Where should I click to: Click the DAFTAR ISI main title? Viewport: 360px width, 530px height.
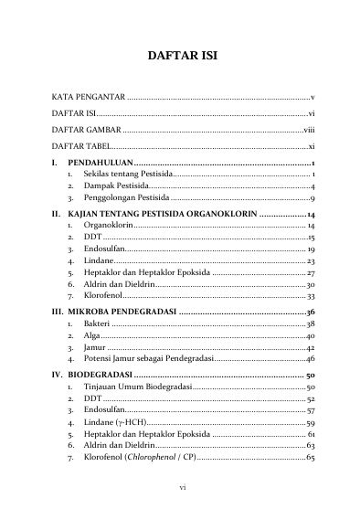[x=182, y=57]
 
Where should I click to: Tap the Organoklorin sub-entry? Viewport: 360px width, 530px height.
[x=110, y=224]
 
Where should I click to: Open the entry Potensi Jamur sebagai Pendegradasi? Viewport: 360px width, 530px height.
[x=149, y=361]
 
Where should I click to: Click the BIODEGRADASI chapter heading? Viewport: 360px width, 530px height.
[x=100, y=376]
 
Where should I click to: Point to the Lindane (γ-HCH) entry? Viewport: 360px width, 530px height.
[x=115, y=424]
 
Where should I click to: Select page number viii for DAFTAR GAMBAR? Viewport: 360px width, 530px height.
[x=309, y=130]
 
